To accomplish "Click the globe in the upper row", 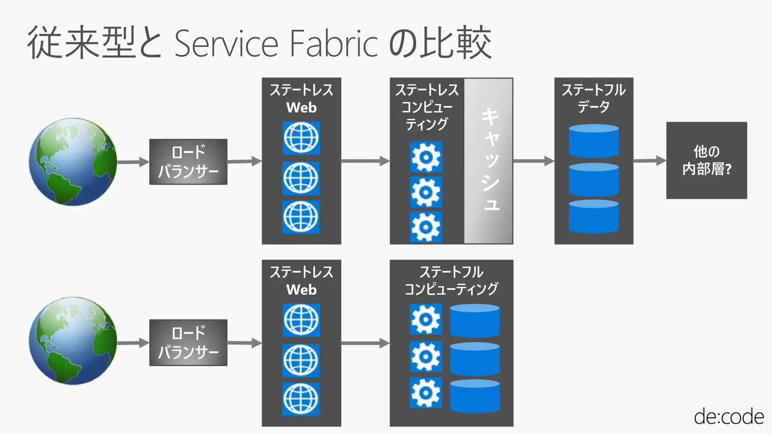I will [73, 162].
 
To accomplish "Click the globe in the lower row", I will [73, 341].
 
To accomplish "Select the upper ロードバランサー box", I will [188, 162].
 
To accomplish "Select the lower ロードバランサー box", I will [188, 342].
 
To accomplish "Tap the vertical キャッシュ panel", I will [489, 161].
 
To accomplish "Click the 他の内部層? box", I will [706, 160].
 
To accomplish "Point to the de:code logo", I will [729, 417].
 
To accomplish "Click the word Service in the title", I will [226, 44].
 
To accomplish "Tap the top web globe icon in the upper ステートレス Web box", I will [301, 138].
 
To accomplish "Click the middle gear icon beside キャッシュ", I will [426, 193].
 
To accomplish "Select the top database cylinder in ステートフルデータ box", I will [594, 141].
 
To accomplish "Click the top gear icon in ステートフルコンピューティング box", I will [426, 319].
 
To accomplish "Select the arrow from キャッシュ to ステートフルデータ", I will [534, 161].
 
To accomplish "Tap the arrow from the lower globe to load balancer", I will [133, 343].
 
